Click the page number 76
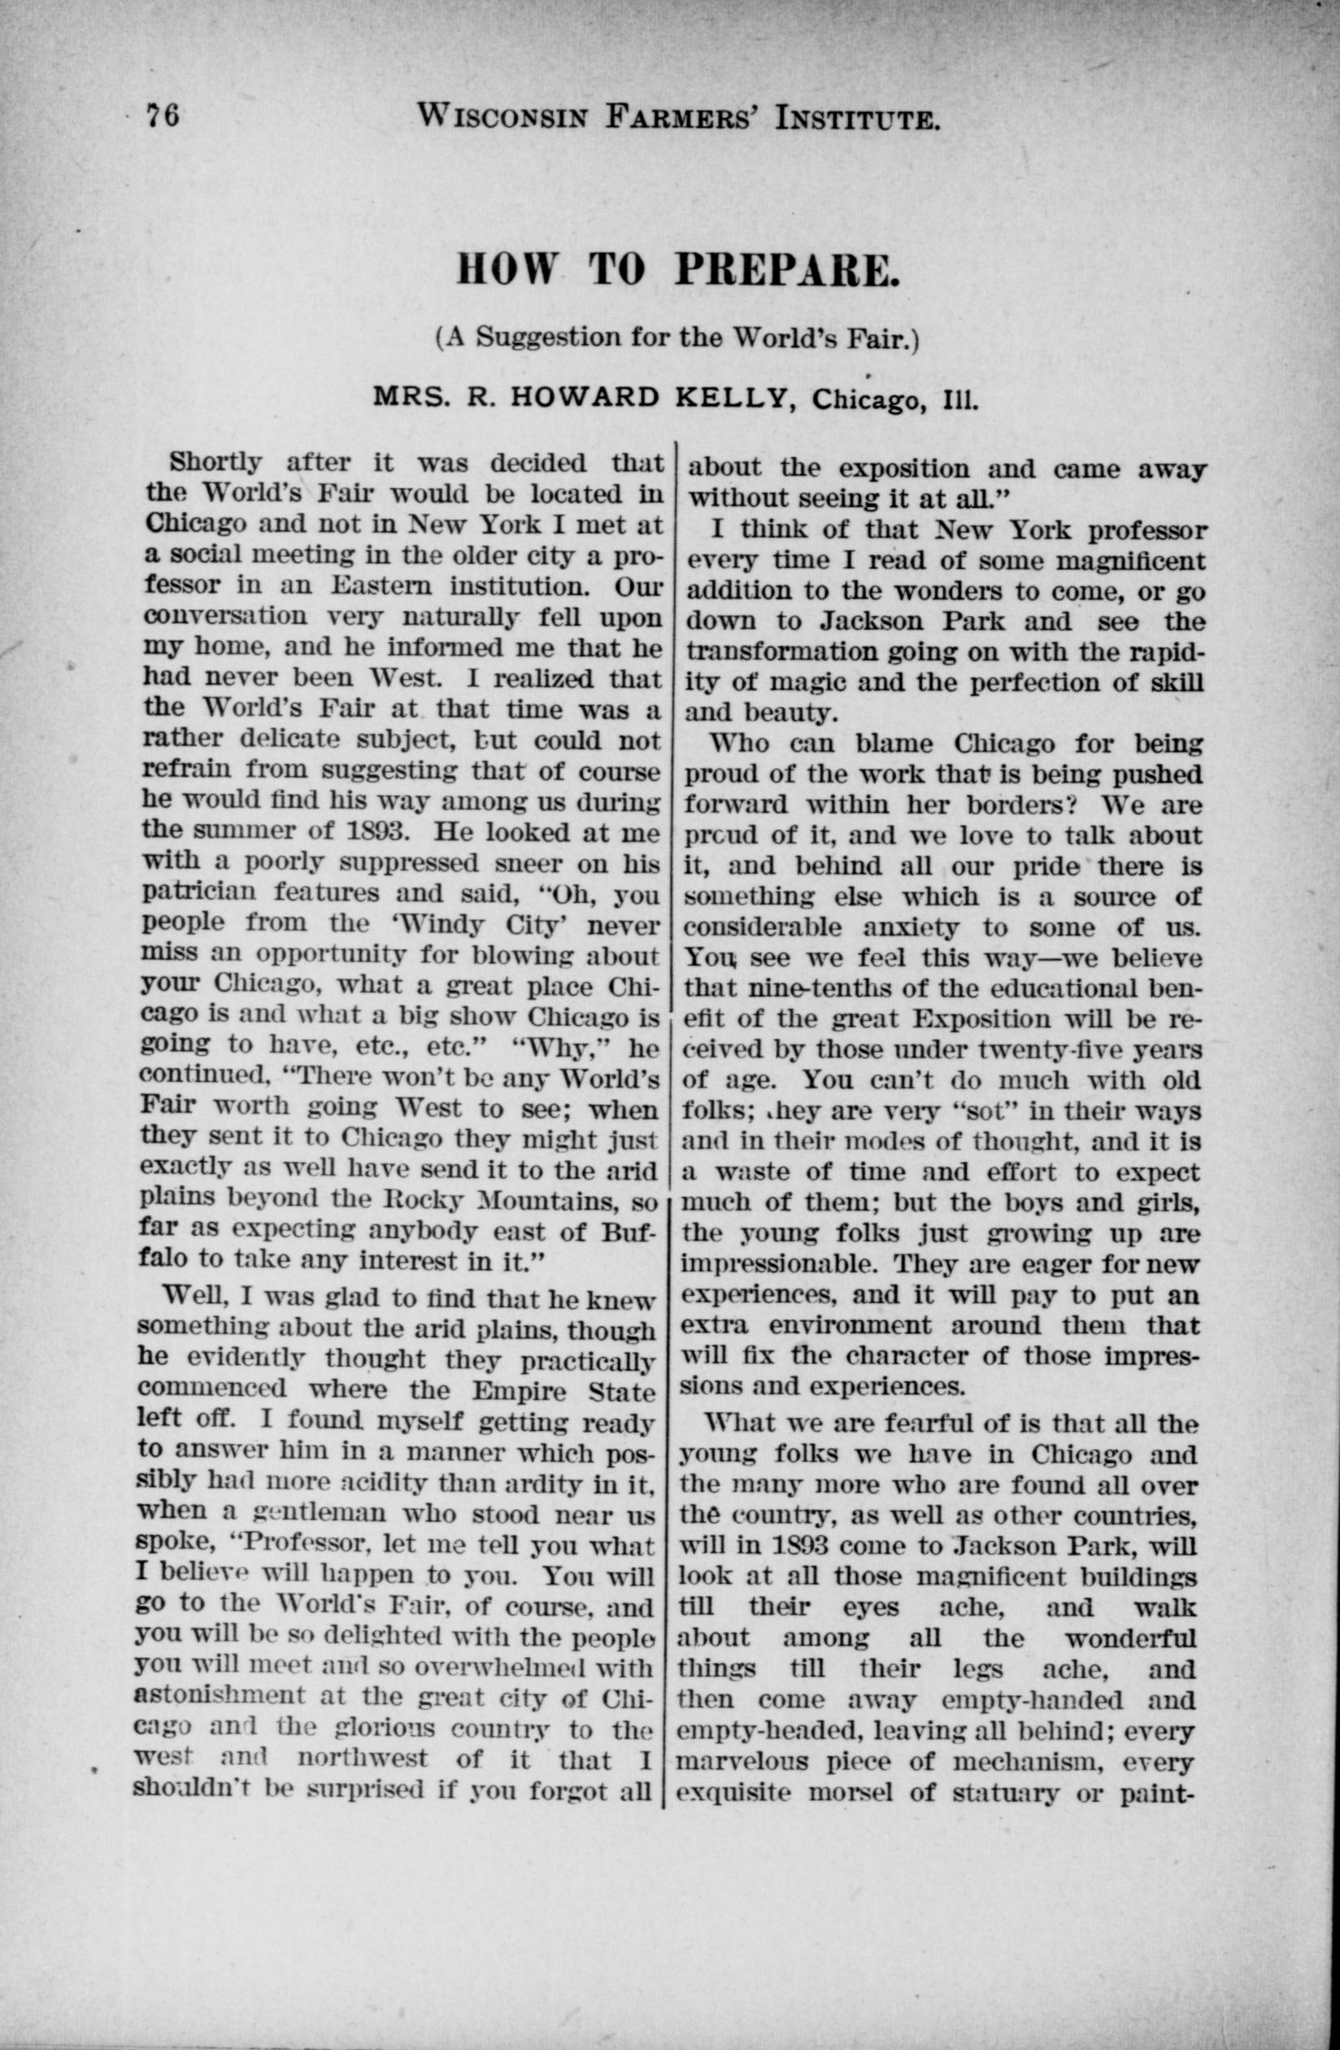[163, 115]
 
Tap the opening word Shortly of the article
[215, 463]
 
